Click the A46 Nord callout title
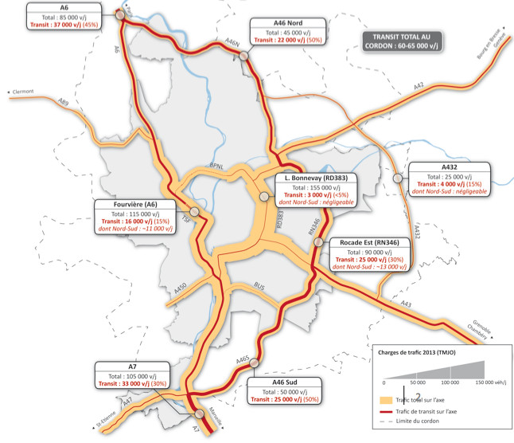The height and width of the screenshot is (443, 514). click(286, 23)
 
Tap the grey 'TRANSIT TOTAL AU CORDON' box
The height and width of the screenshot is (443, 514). click(403, 41)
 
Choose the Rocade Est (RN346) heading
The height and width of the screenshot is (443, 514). click(369, 242)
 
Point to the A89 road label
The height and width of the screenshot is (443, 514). click(63, 102)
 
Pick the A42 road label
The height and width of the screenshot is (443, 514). click(419, 85)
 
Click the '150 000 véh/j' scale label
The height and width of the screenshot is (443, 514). click(489, 382)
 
